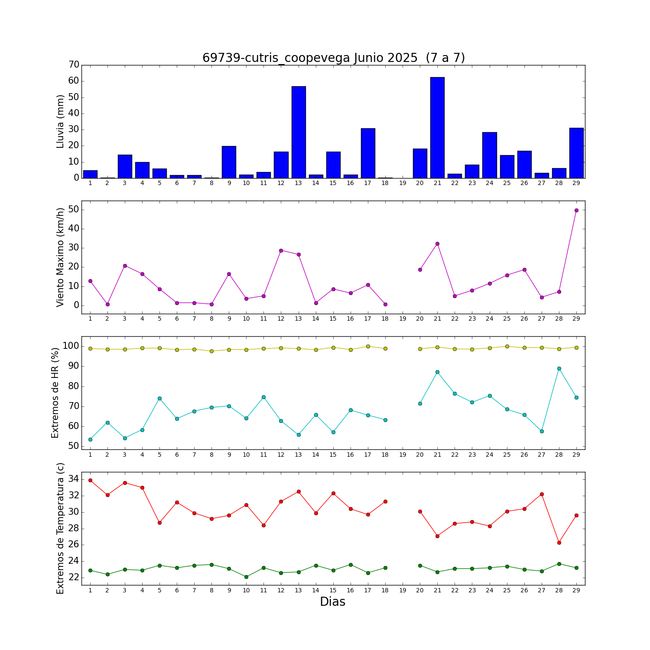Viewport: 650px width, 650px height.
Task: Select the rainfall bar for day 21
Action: click(437, 128)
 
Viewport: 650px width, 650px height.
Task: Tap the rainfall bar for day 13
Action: click(299, 132)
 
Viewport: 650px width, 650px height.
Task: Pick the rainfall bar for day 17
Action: click(368, 153)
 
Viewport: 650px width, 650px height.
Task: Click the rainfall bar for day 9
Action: click(229, 162)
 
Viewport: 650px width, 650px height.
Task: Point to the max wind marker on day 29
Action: click(576, 210)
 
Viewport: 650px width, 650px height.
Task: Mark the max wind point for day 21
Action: click(437, 244)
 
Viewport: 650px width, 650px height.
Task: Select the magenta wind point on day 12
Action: click(281, 250)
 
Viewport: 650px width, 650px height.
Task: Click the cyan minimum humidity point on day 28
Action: click(559, 368)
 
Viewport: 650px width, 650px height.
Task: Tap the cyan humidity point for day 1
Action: click(90, 439)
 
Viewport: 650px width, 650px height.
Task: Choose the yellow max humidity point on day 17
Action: click(368, 346)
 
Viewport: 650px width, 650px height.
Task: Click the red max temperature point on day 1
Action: click(90, 480)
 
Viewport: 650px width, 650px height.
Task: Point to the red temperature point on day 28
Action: click(559, 543)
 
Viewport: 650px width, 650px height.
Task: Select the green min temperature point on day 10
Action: click(246, 577)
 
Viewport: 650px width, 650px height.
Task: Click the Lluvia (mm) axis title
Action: click(61, 121)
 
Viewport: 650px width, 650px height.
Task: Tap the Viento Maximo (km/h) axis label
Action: click(61, 257)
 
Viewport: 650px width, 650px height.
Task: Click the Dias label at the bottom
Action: click(332, 602)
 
